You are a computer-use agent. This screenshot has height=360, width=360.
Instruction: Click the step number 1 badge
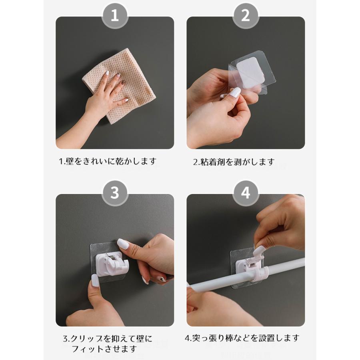coord(114,15)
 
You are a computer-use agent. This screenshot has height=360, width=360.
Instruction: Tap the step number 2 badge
coord(246,15)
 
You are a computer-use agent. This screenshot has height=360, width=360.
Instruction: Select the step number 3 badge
coord(114,193)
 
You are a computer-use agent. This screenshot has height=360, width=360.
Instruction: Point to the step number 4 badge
coord(246,193)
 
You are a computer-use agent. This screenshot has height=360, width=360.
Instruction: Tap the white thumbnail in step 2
coord(235,92)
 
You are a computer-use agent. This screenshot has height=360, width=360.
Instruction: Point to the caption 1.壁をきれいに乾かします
coord(108,162)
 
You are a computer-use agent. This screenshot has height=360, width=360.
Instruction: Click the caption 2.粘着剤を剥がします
coord(234,162)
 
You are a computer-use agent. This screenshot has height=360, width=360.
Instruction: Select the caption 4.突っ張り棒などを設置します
coord(242,338)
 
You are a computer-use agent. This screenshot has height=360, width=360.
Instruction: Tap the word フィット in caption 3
coord(88,349)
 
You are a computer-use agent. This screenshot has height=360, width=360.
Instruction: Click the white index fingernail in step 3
coord(123,244)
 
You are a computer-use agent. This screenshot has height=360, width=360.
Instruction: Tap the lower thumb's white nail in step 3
coord(95,280)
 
